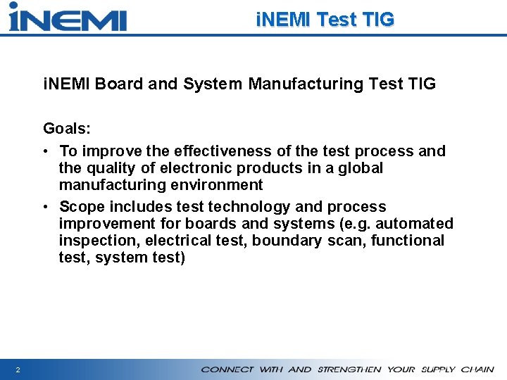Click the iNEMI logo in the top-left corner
[68, 17]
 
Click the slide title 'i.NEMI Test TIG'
[325, 20]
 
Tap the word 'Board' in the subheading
[119, 84]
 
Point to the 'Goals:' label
[66, 128]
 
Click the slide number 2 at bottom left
[17, 369]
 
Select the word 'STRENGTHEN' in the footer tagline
[349, 369]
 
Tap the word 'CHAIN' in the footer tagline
[478, 369]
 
